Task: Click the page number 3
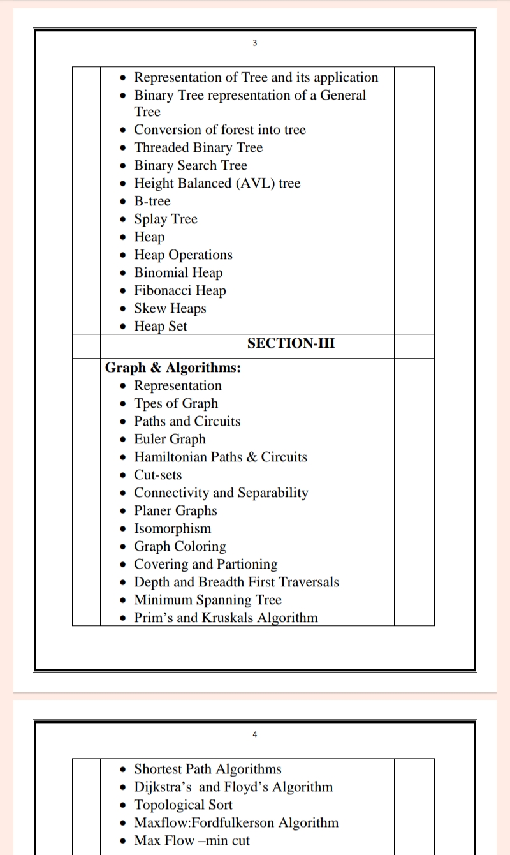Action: click(254, 43)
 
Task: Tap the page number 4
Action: click(254, 734)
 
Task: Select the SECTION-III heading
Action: click(291, 343)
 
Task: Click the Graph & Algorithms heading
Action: click(172, 368)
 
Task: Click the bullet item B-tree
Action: click(152, 201)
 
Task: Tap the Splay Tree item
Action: click(165, 219)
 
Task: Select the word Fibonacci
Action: click(163, 290)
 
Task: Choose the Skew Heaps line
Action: click(170, 308)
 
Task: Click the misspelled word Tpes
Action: click(148, 404)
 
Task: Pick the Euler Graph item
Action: click(170, 439)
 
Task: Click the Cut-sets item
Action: click(157, 475)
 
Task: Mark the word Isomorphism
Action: click(172, 528)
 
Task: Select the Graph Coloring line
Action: click(180, 546)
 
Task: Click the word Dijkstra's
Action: click(164, 787)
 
